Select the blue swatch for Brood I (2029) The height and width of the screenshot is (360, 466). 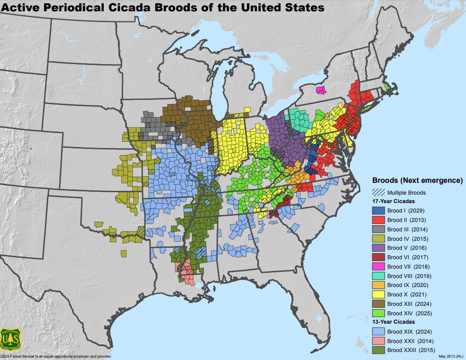point(378,211)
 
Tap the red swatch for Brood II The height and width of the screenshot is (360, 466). point(378,220)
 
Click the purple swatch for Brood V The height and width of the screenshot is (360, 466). point(378,248)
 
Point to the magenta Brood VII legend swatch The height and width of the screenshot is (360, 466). point(378,267)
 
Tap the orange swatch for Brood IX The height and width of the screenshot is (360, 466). point(378,285)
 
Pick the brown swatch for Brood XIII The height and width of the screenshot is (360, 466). point(378,304)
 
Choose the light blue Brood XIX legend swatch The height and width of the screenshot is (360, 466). point(378,332)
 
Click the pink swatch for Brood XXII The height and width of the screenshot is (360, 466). point(378,341)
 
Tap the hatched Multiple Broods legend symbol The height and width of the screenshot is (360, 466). point(378,192)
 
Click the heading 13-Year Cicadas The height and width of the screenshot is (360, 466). point(395,322)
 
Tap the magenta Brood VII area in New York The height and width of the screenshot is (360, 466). point(321,90)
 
